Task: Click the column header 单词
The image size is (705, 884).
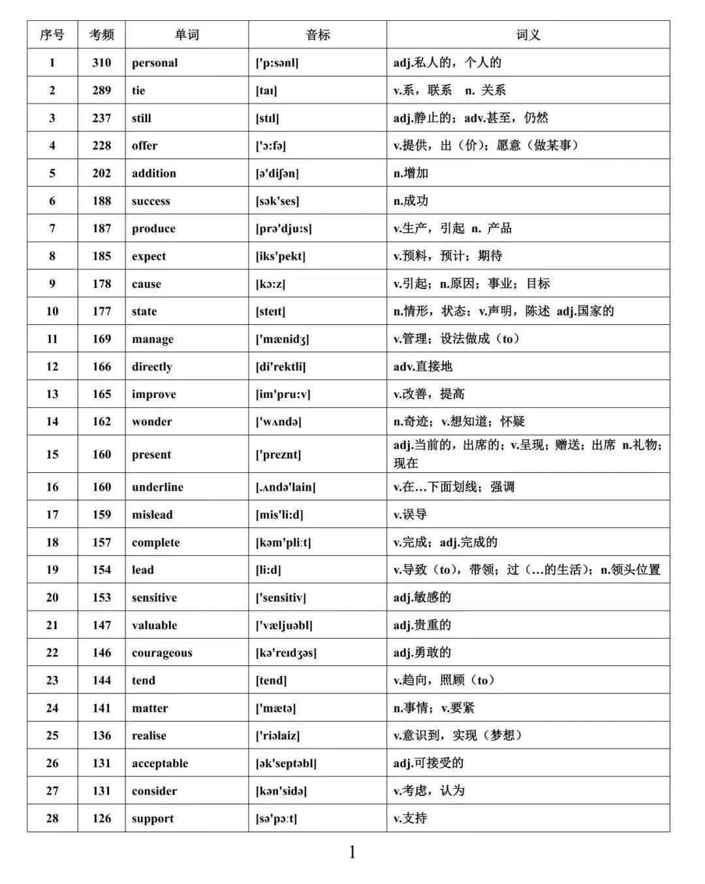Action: pyautogui.click(x=187, y=35)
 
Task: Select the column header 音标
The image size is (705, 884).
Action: pyautogui.click(x=318, y=35)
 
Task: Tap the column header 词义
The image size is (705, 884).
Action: pyautogui.click(x=528, y=35)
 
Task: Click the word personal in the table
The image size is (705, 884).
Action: pyautogui.click(x=155, y=63)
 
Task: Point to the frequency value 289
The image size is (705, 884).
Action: pyautogui.click(x=102, y=91)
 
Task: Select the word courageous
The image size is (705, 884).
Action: pyautogui.click(x=162, y=653)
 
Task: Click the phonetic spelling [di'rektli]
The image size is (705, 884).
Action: pyautogui.click(x=281, y=367)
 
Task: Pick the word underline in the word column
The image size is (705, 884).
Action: pyautogui.click(x=157, y=487)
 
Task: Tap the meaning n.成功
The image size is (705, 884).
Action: pyautogui.click(x=411, y=201)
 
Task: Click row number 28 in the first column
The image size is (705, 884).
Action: pyautogui.click(x=52, y=819)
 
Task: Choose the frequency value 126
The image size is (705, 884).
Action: pyautogui.click(x=102, y=819)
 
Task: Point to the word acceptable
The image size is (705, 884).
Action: pyautogui.click(x=160, y=763)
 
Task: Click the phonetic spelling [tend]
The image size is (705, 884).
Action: pyautogui.click(x=271, y=680)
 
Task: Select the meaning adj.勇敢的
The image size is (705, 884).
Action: pyautogui.click(x=422, y=652)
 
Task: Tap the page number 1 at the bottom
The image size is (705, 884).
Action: pyautogui.click(x=352, y=852)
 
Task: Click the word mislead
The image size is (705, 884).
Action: pyautogui.click(x=152, y=515)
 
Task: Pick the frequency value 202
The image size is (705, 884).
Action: pyautogui.click(x=102, y=174)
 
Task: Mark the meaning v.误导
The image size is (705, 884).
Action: pyautogui.click(x=410, y=515)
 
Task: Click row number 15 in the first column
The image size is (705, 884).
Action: pyautogui.click(x=52, y=455)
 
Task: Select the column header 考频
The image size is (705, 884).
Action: pyautogui.click(x=102, y=35)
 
